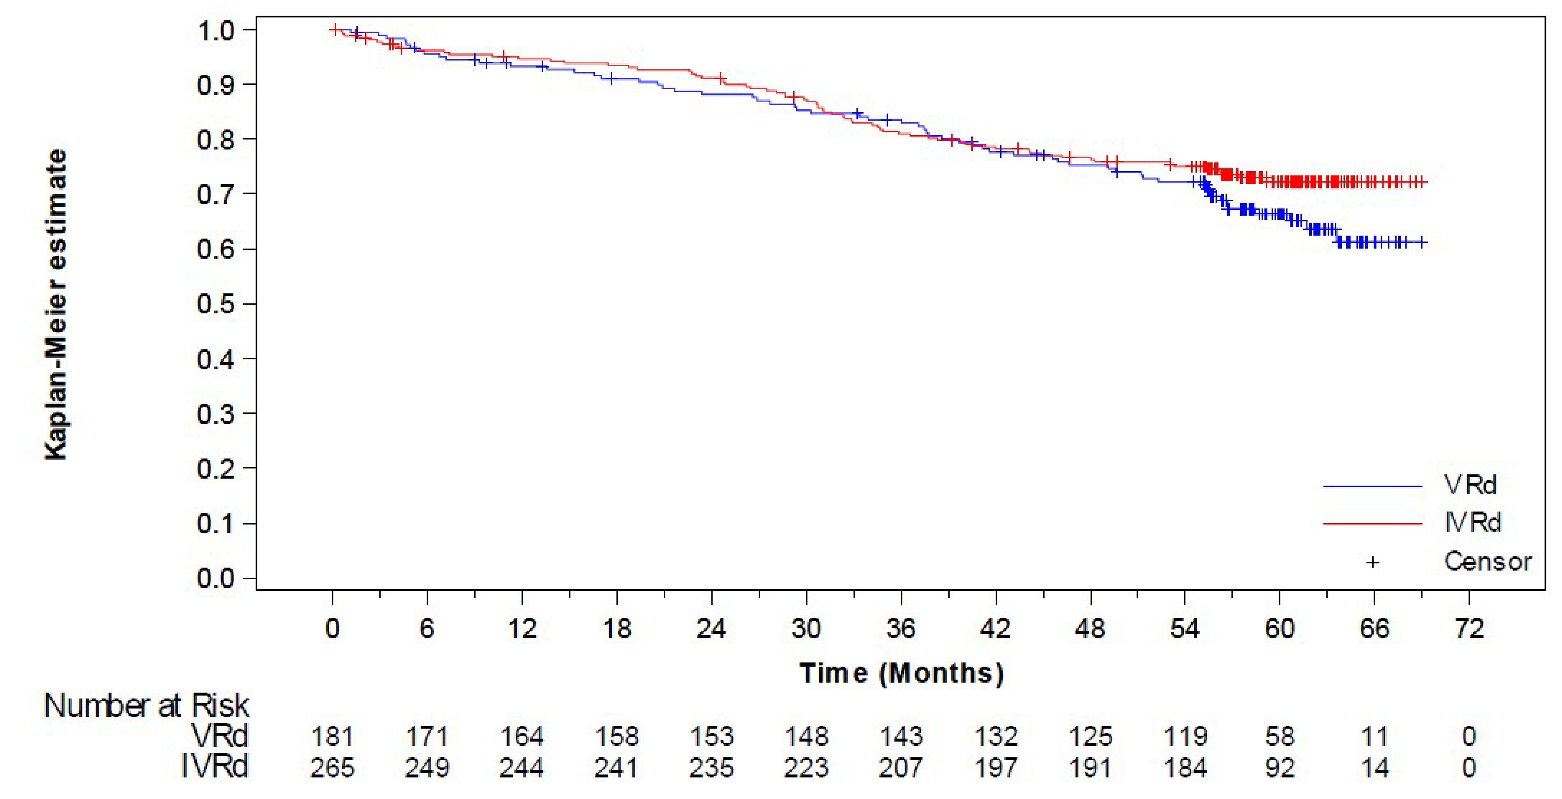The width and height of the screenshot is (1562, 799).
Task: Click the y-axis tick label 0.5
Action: pyautogui.click(x=215, y=304)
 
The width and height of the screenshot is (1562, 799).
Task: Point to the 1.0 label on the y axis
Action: pyautogui.click(x=215, y=30)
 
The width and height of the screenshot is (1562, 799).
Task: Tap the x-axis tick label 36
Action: pyautogui.click(x=901, y=629)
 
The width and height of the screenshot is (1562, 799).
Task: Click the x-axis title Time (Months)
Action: pyautogui.click(x=901, y=673)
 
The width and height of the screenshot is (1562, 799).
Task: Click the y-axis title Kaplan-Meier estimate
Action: pyautogui.click(x=56, y=305)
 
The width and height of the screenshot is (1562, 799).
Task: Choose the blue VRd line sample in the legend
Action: pyautogui.click(x=1372, y=486)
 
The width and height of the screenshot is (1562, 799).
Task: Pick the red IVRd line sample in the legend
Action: pyautogui.click(x=1372, y=523)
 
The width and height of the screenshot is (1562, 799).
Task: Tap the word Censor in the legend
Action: pyautogui.click(x=1487, y=562)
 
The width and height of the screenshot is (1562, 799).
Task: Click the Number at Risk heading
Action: pyautogui.click(x=146, y=706)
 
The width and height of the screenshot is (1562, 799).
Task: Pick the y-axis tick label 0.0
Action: pyautogui.click(x=215, y=578)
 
